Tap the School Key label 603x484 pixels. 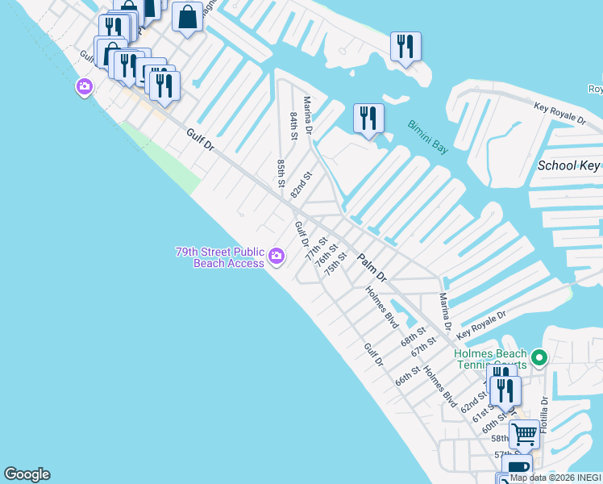[569, 166]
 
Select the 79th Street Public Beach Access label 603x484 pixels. [220, 257]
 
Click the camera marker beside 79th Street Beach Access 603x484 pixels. [277, 257]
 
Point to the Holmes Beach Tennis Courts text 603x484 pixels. [491, 359]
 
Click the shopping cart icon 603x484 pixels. [524, 436]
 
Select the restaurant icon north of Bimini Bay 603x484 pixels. [368, 119]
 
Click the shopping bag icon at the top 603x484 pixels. [187, 17]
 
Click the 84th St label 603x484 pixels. [294, 125]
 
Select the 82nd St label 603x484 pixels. [301, 185]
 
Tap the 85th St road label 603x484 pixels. [281, 173]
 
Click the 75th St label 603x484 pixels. [335, 264]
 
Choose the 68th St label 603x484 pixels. [414, 335]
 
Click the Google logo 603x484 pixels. [27, 474]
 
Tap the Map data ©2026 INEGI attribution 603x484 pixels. [555, 478]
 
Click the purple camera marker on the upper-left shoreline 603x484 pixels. [84, 86]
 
